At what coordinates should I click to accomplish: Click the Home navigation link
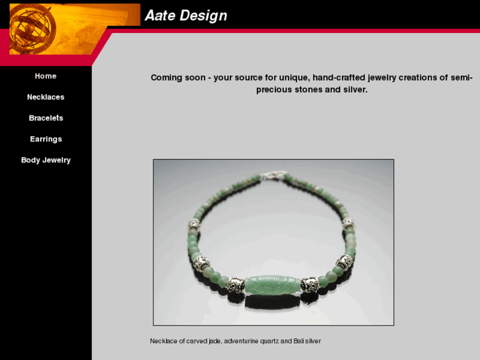coord(46,76)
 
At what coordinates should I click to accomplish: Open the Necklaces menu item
coord(46,97)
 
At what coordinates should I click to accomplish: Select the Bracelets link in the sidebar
coord(46,118)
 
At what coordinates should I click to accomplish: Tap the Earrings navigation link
coord(46,139)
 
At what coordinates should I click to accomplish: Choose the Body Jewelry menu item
coord(46,161)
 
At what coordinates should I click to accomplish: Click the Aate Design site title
coord(186,16)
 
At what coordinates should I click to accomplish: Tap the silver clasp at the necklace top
coord(272,176)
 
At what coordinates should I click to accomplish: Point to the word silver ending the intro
coord(352,90)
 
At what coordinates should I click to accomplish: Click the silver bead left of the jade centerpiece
coord(236,285)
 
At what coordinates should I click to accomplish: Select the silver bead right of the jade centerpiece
coord(310,285)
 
